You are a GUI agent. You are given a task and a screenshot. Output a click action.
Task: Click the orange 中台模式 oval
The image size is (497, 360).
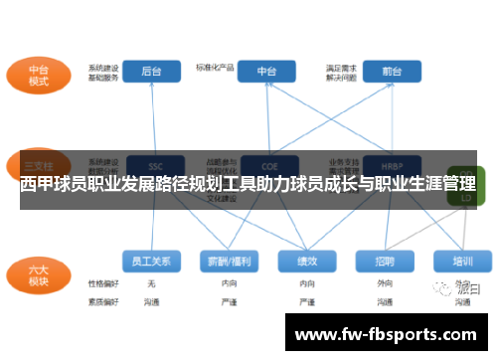point(37,75)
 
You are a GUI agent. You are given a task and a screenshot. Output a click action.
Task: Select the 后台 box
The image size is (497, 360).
point(151,72)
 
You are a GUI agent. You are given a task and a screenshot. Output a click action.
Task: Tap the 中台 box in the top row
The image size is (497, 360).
point(266,72)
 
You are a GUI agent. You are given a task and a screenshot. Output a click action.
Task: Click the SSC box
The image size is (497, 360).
point(154,165)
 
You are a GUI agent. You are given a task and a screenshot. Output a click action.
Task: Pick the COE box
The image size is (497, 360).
point(266,165)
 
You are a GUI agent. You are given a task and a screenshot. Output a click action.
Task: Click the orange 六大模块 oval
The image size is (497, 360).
point(37,273)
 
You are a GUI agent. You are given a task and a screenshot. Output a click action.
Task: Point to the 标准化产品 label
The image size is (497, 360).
point(215,68)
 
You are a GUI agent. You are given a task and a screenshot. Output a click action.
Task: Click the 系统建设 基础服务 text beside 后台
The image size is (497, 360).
point(103,73)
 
